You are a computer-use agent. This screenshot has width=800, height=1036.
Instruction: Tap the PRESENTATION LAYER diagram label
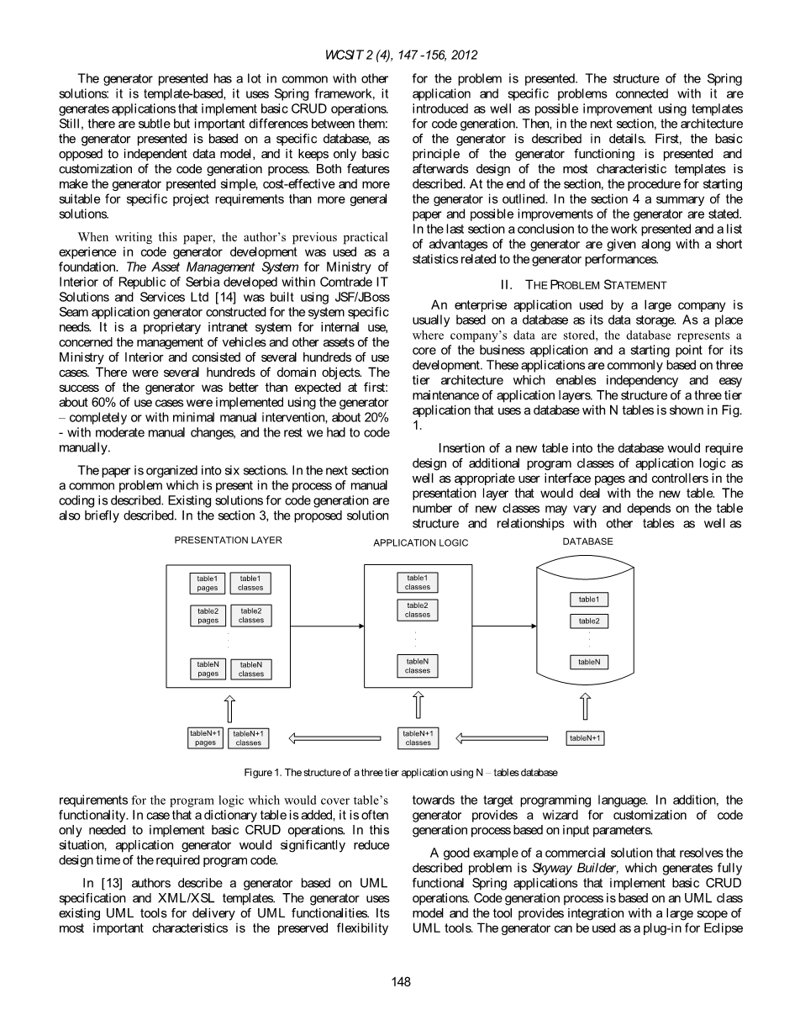pyautogui.click(x=228, y=540)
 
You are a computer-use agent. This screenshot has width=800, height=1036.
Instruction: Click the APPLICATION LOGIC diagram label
pyautogui.click(x=420, y=543)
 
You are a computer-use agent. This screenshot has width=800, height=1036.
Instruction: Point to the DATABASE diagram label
pyautogui.click(x=587, y=542)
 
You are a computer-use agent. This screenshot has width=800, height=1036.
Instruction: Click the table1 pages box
pyautogui.click(x=207, y=583)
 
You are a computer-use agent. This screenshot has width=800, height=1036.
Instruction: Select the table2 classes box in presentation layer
pyautogui.click(x=250, y=616)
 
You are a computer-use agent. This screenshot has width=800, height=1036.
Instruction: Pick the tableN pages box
pyautogui.click(x=208, y=669)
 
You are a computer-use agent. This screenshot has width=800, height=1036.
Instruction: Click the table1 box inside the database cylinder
pyautogui.click(x=588, y=600)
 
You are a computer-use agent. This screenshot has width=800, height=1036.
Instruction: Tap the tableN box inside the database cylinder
pyautogui.click(x=588, y=663)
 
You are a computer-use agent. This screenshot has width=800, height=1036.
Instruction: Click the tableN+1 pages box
pyautogui.click(x=206, y=737)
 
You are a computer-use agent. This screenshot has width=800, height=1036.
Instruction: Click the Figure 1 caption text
pyautogui.click(x=400, y=772)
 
